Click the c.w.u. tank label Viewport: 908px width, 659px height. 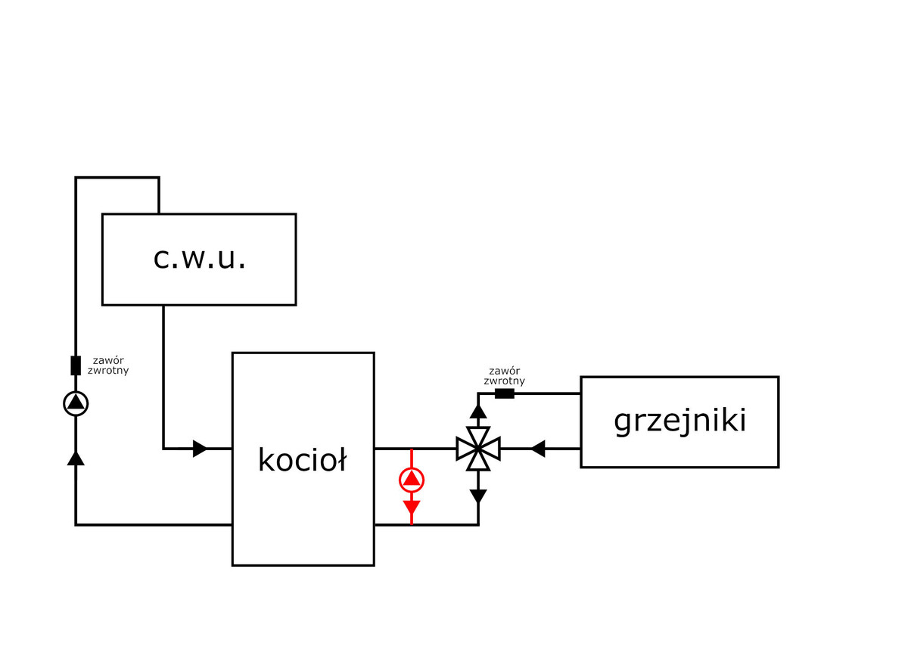point(199,259)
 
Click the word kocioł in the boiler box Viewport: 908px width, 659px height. point(302,459)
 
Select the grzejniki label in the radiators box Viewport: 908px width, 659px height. point(679,421)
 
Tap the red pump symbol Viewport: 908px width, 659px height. point(412,479)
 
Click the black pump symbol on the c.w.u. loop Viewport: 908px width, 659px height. point(76,403)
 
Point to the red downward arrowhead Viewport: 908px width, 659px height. point(412,506)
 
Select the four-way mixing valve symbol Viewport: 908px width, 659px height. point(478,449)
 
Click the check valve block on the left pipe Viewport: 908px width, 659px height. point(76,365)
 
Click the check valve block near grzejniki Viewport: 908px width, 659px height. point(504,393)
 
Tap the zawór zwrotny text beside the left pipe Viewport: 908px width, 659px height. point(110,365)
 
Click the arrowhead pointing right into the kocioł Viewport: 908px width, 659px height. point(200,449)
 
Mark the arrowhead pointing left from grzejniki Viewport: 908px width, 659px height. point(537,449)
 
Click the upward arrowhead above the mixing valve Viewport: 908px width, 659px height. point(478,411)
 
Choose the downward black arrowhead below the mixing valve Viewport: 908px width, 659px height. point(478,496)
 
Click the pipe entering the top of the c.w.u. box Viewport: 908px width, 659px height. point(159,196)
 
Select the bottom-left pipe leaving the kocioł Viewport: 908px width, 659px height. point(151,524)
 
